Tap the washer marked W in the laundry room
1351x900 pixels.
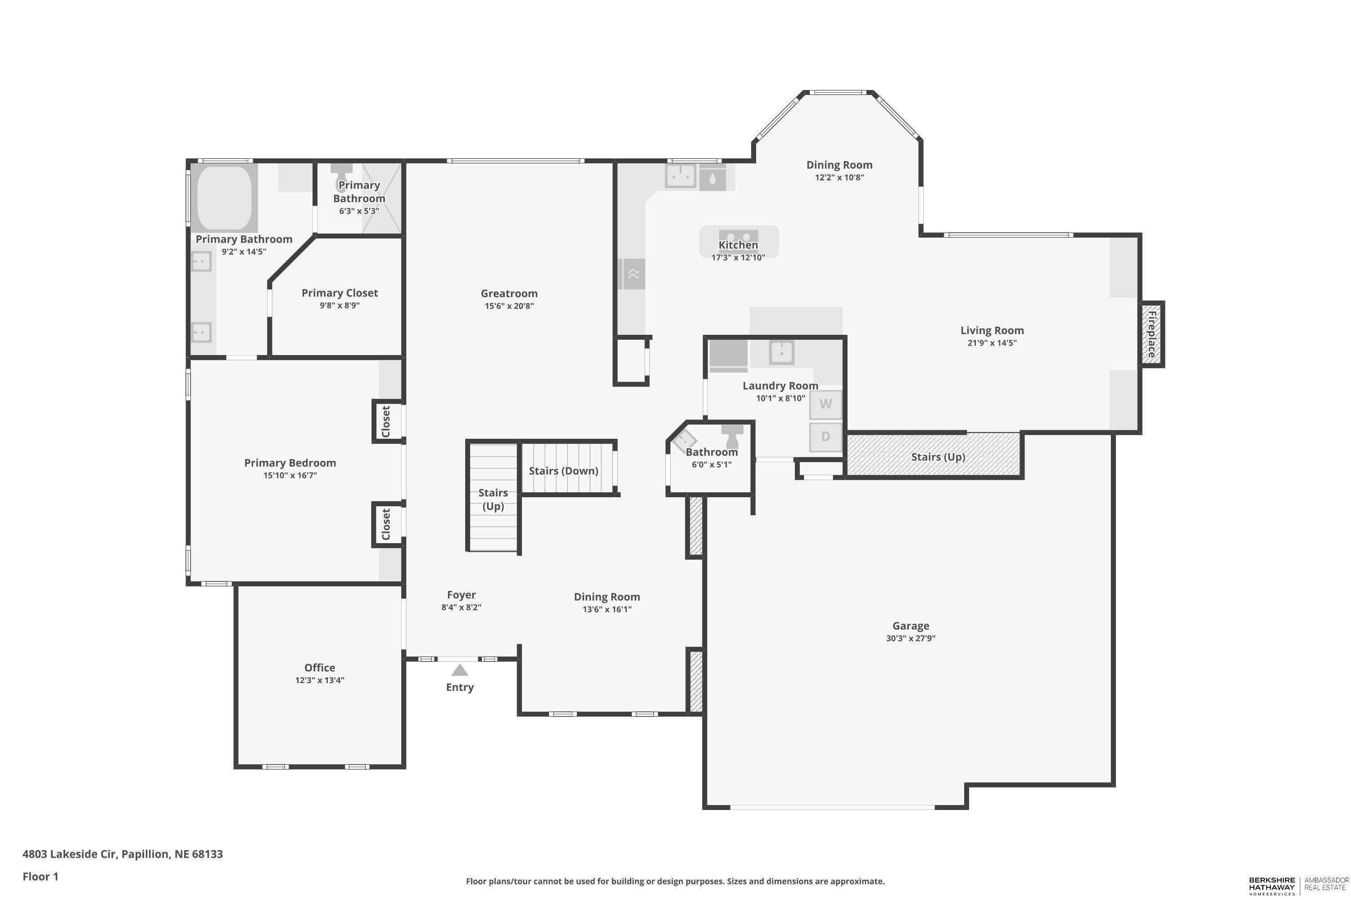click(x=825, y=404)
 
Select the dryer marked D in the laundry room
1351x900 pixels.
click(x=825, y=437)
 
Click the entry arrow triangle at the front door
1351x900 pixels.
click(x=459, y=670)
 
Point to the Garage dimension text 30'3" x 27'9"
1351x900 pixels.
click(x=911, y=638)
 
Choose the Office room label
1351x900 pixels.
click(x=319, y=667)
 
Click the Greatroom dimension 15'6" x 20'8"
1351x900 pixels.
click(x=509, y=306)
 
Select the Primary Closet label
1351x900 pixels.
click(x=340, y=293)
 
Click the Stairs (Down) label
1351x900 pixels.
click(x=563, y=471)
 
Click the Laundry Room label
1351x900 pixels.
click(x=780, y=386)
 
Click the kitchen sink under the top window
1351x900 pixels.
click(x=680, y=175)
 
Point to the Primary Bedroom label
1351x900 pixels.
click(x=290, y=463)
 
